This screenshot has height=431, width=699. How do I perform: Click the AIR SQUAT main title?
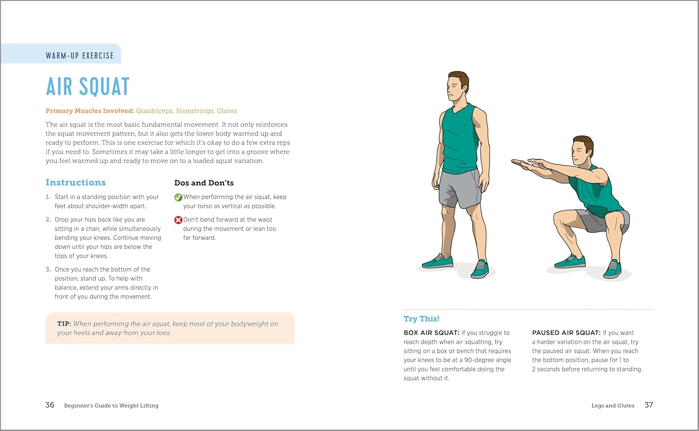point(88,87)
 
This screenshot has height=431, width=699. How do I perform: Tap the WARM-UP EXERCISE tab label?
point(80,55)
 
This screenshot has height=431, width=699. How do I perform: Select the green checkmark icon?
point(178,197)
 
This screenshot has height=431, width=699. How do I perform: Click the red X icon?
point(178,220)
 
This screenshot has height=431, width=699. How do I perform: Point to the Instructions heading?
point(75,183)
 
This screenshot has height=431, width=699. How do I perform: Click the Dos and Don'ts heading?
point(204,183)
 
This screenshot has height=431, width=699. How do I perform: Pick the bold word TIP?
point(64,324)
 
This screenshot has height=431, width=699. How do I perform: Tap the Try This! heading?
point(421,319)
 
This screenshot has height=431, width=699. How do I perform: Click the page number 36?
point(50,405)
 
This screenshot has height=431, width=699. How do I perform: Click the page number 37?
point(649,405)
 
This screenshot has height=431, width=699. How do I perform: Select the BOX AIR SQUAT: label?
point(432,333)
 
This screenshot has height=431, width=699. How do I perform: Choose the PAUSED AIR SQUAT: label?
point(566,333)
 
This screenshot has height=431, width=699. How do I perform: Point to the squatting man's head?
point(582,150)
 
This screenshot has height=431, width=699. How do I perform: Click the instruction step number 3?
point(48,269)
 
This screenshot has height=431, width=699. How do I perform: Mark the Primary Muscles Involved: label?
point(89,111)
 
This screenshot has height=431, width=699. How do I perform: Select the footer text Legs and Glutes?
point(613,405)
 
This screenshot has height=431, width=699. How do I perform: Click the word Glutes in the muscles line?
point(226,111)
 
